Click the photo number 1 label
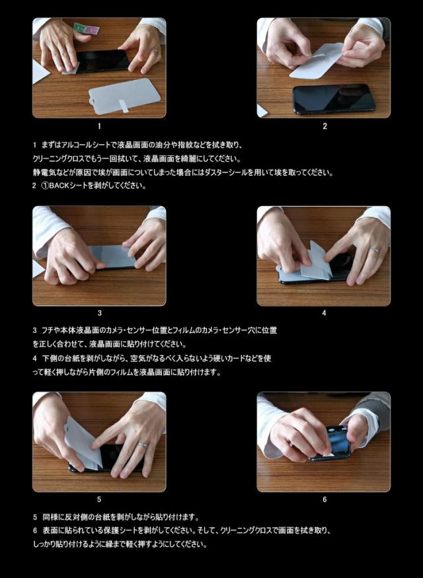(99, 126)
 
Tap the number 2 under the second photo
(325, 126)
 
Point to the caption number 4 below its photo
(324, 313)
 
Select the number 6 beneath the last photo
(325, 499)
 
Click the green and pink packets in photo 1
(87, 28)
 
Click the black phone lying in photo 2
(334, 99)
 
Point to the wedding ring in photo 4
(375, 250)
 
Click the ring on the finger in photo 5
(142, 445)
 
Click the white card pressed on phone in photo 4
(313, 262)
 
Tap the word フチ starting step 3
(46, 330)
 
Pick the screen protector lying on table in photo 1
(125, 96)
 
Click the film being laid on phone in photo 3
(112, 256)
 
